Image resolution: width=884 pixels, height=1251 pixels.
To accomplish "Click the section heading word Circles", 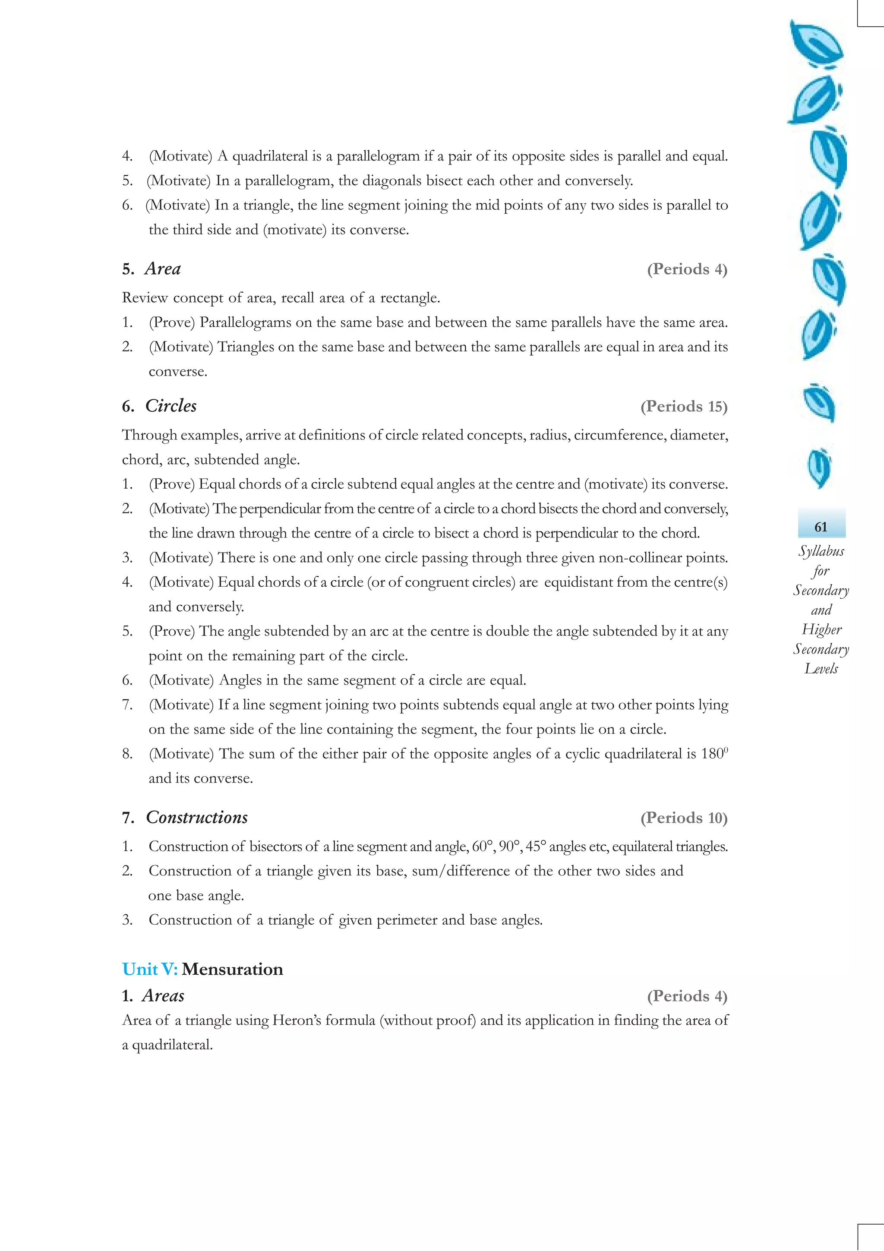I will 170,406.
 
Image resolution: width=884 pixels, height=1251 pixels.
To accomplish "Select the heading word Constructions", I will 197,817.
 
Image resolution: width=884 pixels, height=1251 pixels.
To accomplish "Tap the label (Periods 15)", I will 684,407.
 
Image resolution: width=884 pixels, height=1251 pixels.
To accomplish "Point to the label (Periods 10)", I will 684,818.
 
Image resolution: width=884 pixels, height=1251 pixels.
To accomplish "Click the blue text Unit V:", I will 150,969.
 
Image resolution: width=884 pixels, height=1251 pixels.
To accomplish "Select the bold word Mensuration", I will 233,969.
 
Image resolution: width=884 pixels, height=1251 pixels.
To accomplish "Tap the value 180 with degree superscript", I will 714,754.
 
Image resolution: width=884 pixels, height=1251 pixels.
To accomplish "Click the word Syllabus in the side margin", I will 821,551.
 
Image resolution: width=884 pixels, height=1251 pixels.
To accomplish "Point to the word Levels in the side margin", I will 821,669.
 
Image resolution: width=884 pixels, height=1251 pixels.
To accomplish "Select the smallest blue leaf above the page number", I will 819,467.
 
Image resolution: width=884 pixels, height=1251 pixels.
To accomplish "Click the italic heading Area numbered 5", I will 162,269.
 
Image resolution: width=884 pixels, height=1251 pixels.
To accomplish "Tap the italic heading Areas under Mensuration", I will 163,995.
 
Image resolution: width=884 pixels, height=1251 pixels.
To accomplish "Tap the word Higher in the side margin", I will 821,629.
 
